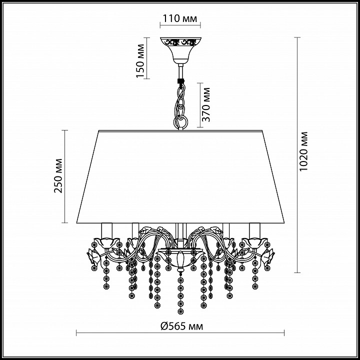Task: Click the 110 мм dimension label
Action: (x=180, y=18)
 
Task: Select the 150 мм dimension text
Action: (x=140, y=61)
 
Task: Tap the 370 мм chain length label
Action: (x=205, y=104)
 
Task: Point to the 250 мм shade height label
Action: (x=58, y=176)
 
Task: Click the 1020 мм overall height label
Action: (x=303, y=151)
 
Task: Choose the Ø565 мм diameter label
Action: (x=182, y=326)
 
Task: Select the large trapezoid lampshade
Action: (x=180, y=177)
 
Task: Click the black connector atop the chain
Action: (x=180, y=81)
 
